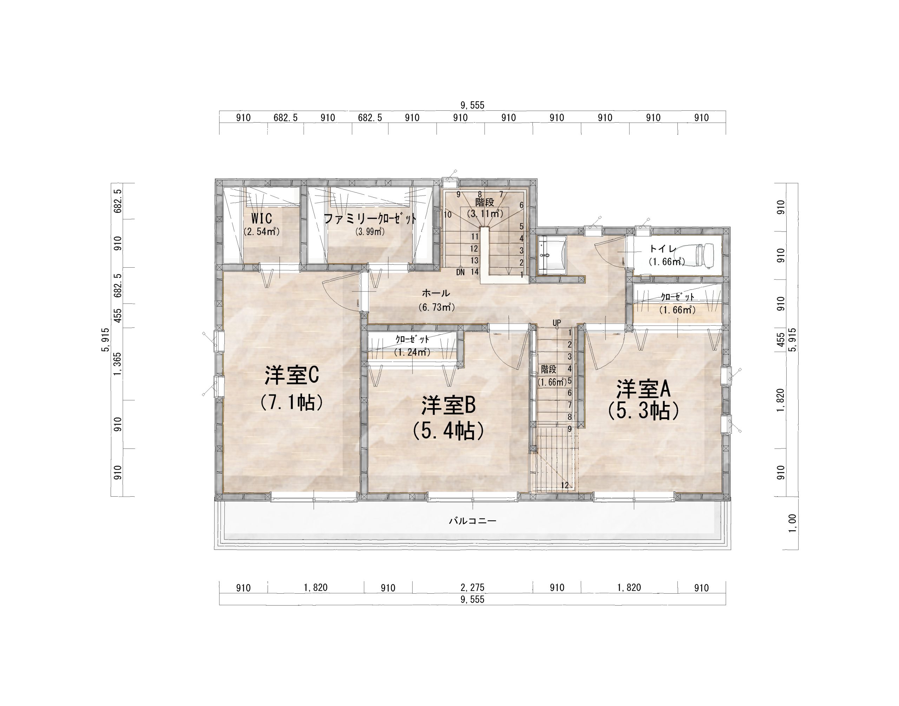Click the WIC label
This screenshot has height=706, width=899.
262,218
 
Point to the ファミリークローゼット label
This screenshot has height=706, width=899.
370,218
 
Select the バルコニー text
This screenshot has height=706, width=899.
473,521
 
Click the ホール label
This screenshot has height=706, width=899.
436,293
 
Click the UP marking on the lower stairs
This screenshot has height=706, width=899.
557,322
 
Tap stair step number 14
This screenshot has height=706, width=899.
474,272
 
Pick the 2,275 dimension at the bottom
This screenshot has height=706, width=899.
472,587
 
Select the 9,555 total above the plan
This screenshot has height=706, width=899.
472,105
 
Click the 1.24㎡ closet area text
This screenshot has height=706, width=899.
412,352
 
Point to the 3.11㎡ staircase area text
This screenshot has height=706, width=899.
485,214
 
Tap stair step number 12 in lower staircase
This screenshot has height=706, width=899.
565,486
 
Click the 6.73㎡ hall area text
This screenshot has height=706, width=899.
436,307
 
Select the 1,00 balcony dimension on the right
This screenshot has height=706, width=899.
792,523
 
